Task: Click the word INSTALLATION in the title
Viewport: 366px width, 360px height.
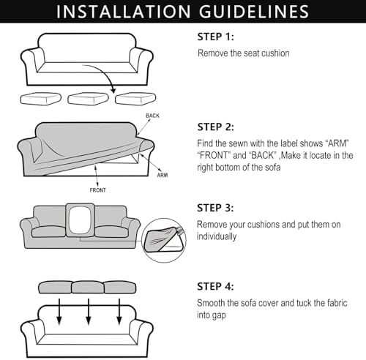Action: pyautogui.click(x=123, y=12)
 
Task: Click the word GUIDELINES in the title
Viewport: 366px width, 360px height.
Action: pyautogui.click(x=254, y=12)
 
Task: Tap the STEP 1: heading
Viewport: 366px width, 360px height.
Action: pyautogui.click(x=215, y=37)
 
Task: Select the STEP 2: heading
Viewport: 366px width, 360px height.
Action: pyautogui.click(x=215, y=127)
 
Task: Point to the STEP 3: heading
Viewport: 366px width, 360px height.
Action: pyautogui.click(x=215, y=208)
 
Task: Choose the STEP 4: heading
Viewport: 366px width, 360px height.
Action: pyautogui.click(x=215, y=287)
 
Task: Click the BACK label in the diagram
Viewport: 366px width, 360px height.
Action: pyautogui.click(x=152, y=116)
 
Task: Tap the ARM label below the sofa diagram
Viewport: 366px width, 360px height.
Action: pyautogui.click(x=163, y=175)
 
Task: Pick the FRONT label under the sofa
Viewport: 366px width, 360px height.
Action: pyautogui.click(x=98, y=190)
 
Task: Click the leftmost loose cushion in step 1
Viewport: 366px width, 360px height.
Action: pyautogui.click(x=40, y=99)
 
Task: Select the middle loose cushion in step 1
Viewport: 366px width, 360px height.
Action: pyautogui.click(x=88, y=99)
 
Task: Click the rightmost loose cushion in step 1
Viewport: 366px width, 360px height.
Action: pyautogui.click(x=135, y=99)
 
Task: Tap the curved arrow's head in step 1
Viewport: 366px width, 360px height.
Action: pyautogui.click(x=113, y=90)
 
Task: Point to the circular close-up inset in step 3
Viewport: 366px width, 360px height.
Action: pyautogui.click(x=164, y=240)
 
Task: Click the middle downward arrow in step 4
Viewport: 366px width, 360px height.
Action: pyautogui.click(x=89, y=312)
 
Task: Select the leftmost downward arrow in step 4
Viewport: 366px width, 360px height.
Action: pyautogui.click(x=59, y=312)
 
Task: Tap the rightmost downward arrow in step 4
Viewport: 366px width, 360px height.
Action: pyautogui.click(x=119, y=312)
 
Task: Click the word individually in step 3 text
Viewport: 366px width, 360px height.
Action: pyautogui.click(x=217, y=236)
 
